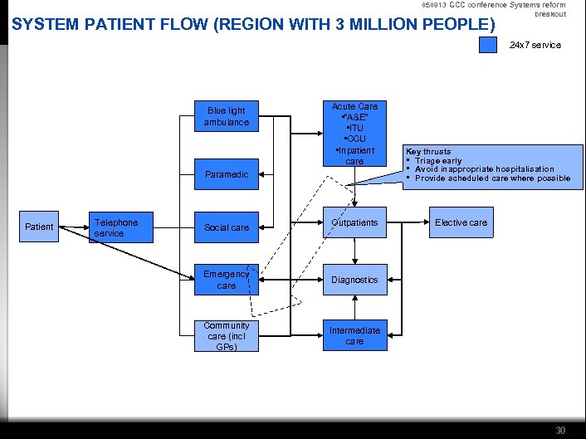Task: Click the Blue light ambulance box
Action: [x=227, y=117]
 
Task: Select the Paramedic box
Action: [x=227, y=174]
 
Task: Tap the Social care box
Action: [x=227, y=227]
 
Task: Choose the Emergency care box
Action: [x=227, y=280]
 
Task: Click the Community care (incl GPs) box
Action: [x=227, y=336]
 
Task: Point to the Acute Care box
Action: [x=354, y=134]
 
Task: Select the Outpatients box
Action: [x=354, y=222]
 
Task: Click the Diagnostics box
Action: [x=354, y=280]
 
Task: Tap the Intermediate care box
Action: [x=354, y=335]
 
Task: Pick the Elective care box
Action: [x=461, y=222]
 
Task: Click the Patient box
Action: [x=39, y=227]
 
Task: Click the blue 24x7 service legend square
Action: [x=488, y=45]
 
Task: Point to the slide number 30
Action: [x=560, y=430]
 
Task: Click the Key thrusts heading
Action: [x=427, y=152]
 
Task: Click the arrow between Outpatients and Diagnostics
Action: [x=354, y=250]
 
